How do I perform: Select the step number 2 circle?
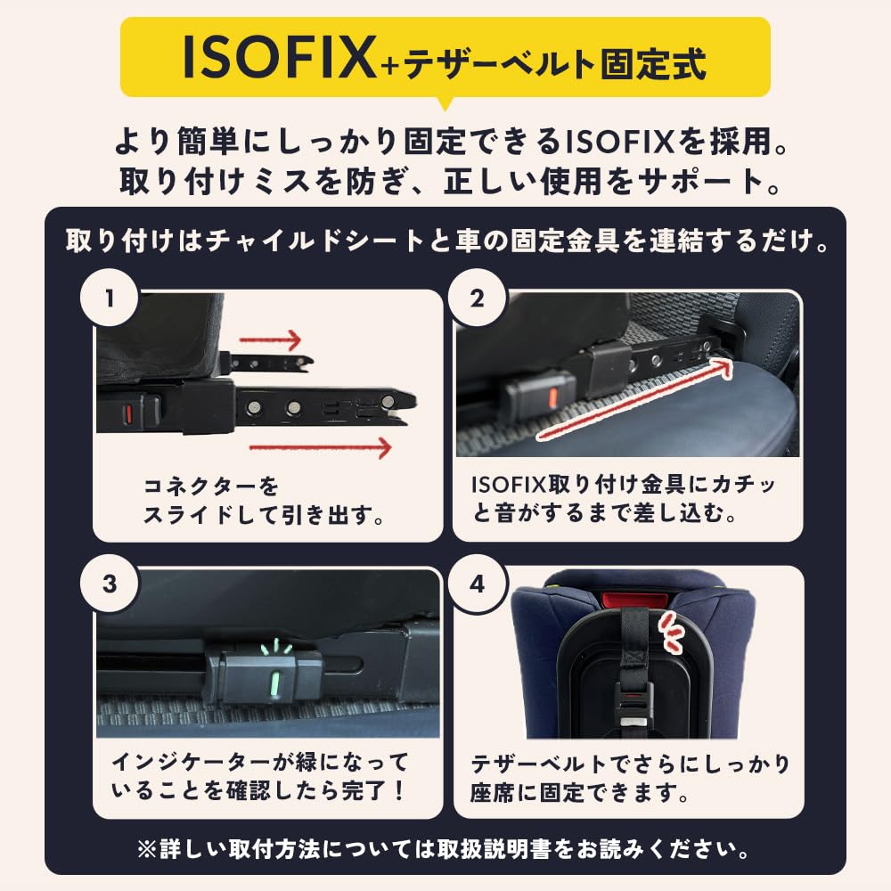[477, 298]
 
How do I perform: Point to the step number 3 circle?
[110, 584]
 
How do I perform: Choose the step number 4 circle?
[477, 584]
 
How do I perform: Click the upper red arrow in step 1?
[271, 339]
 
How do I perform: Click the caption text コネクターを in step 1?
[211, 487]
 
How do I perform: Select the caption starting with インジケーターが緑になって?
[260, 763]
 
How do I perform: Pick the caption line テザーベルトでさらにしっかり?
[629, 764]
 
